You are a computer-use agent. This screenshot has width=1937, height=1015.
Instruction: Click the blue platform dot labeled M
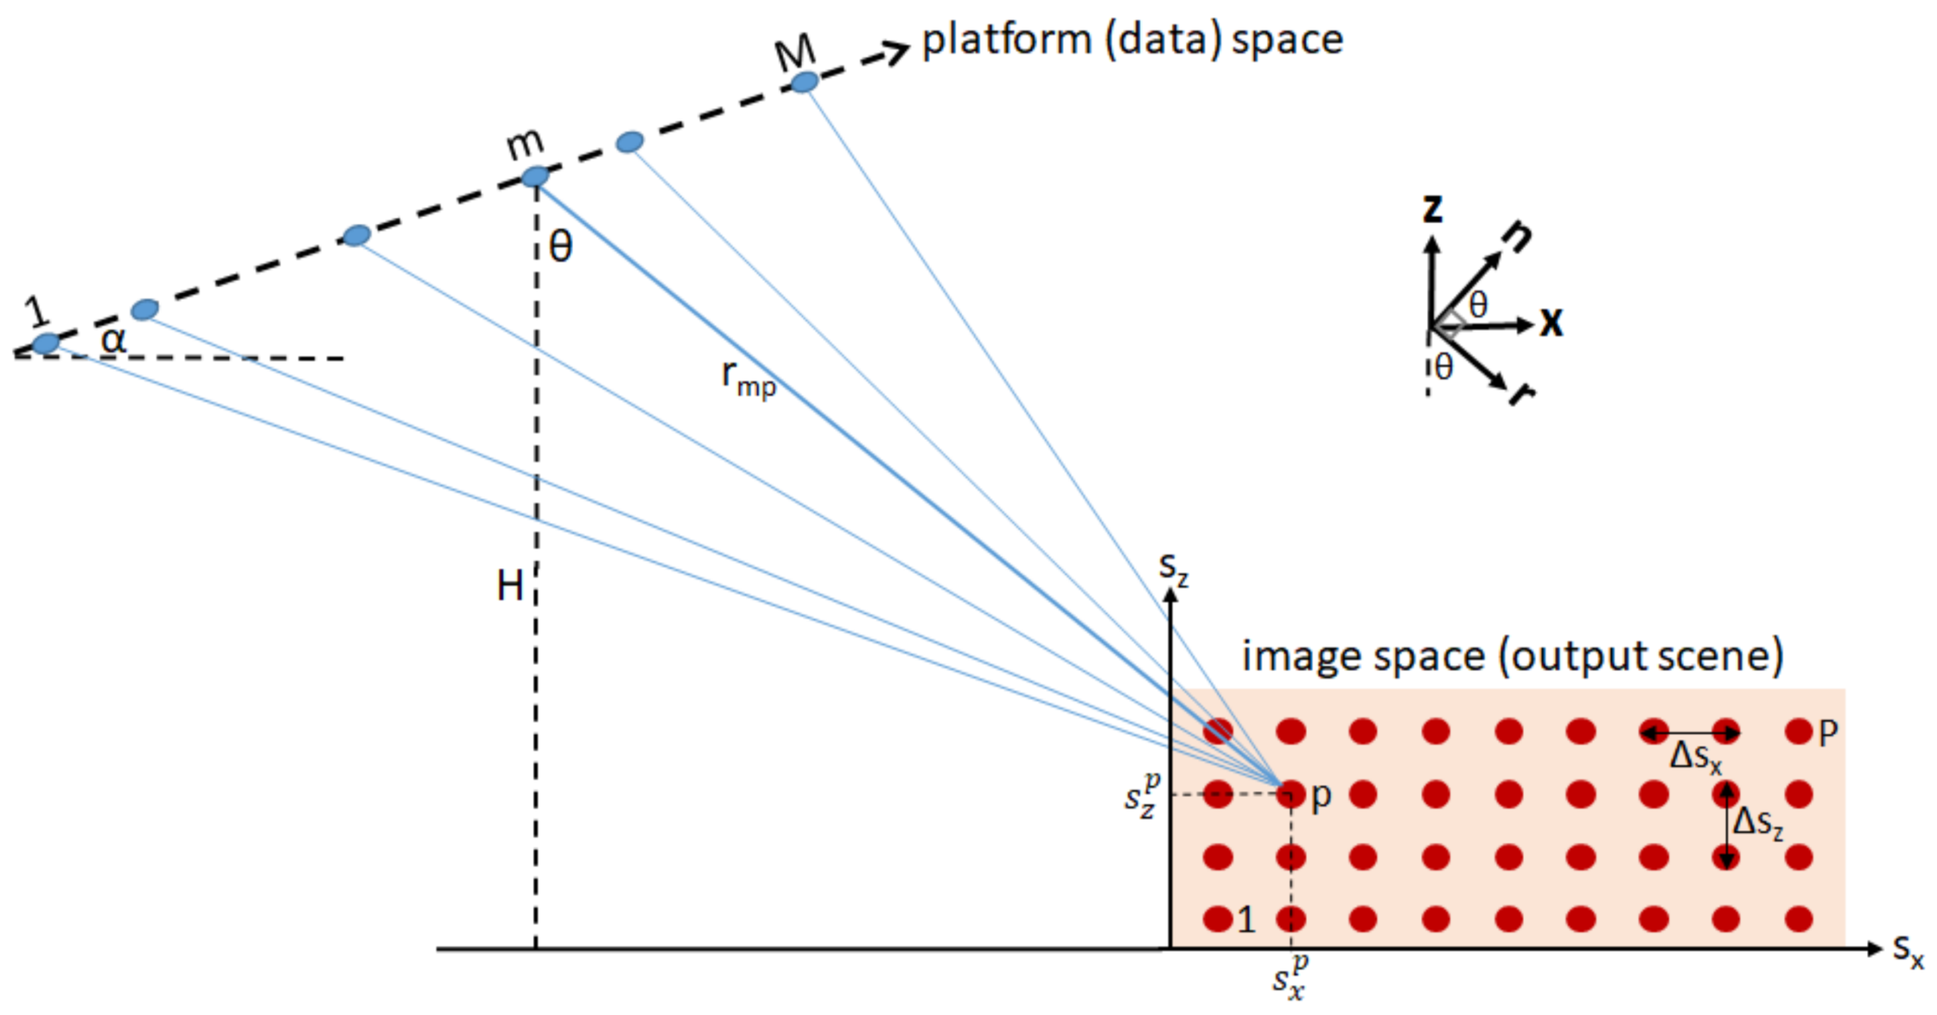tap(804, 82)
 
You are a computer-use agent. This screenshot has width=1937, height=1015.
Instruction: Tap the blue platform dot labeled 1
tap(46, 343)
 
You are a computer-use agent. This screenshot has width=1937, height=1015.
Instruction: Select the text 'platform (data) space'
tap(1131, 40)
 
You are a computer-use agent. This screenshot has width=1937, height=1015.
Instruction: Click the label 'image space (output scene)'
tap(1512, 656)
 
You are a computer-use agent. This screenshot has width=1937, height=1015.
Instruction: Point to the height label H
tap(510, 585)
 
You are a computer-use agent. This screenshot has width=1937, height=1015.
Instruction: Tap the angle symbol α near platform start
tap(113, 340)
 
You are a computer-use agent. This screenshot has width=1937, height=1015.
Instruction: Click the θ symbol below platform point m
tap(561, 247)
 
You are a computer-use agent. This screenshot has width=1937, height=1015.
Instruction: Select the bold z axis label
tap(1433, 208)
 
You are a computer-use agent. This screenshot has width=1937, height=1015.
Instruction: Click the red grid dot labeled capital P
tap(1799, 731)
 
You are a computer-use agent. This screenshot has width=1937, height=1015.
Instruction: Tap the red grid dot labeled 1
tap(1217, 919)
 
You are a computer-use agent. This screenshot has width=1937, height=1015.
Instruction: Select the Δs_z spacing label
tap(1758, 822)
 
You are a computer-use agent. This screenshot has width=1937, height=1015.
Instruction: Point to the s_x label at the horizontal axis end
tap(1908, 950)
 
